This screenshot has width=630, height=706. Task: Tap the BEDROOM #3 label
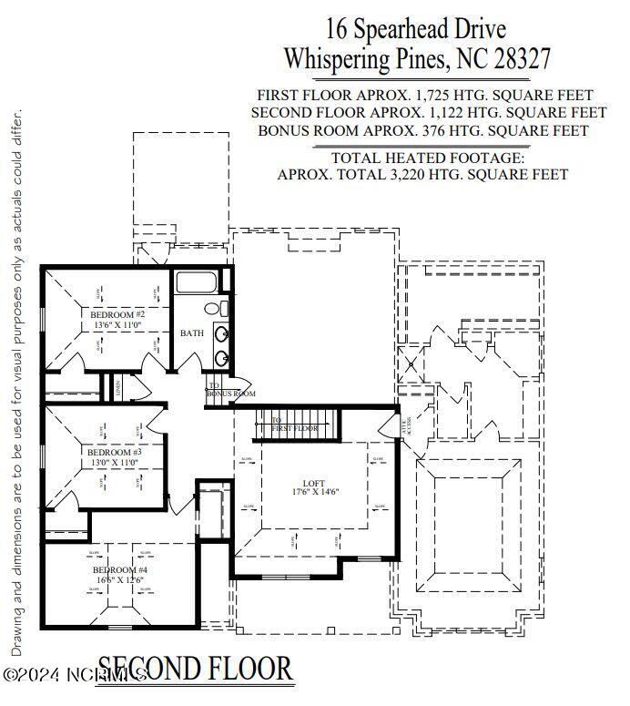click(x=114, y=452)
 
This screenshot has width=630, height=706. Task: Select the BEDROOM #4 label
click(x=120, y=569)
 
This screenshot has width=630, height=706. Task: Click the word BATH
click(x=192, y=333)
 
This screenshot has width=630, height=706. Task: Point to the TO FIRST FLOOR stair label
click(x=295, y=425)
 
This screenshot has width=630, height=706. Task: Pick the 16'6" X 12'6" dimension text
click(x=120, y=579)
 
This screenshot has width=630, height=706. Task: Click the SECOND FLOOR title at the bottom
click(x=195, y=670)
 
